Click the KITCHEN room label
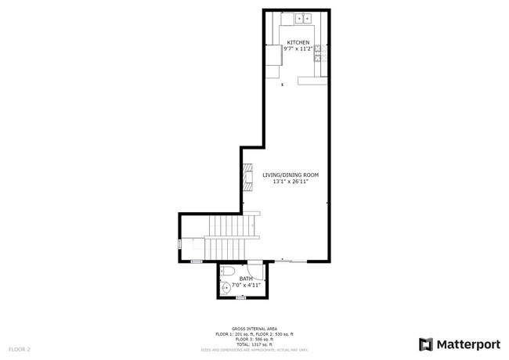(298, 42)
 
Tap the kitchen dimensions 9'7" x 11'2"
(298, 49)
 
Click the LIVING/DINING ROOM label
(290, 175)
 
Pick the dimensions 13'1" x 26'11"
(290, 182)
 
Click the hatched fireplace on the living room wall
(247, 176)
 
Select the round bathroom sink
(226, 288)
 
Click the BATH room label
(246, 279)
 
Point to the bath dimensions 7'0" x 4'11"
(246, 285)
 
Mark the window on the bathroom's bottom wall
(241, 298)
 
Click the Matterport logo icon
(426, 344)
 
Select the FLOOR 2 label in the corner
(19, 348)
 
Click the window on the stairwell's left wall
(179, 244)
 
